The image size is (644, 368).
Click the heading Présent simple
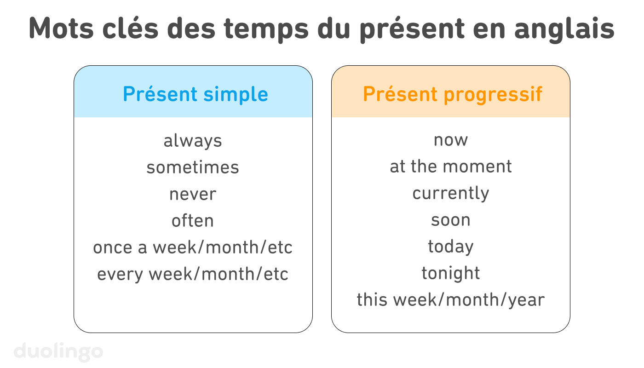coord(195,94)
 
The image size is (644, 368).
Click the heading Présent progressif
coord(453,94)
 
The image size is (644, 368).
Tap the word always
coord(193,141)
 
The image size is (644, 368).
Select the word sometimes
coord(193,167)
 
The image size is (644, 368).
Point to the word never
coord(193,194)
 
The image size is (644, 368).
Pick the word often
coord(193,221)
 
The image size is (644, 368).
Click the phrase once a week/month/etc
coord(193,247)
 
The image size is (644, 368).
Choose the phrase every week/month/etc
coord(193,274)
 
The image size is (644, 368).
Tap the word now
coord(451,140)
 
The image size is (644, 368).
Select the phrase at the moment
coord(451,167)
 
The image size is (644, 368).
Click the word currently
coord(451,193)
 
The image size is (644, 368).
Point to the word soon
coord(451,220)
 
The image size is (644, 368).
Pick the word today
coord(451,247)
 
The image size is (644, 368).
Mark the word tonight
coord(451,273)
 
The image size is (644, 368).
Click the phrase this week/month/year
coord(451,300)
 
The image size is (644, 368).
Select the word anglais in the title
coord(564,29)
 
